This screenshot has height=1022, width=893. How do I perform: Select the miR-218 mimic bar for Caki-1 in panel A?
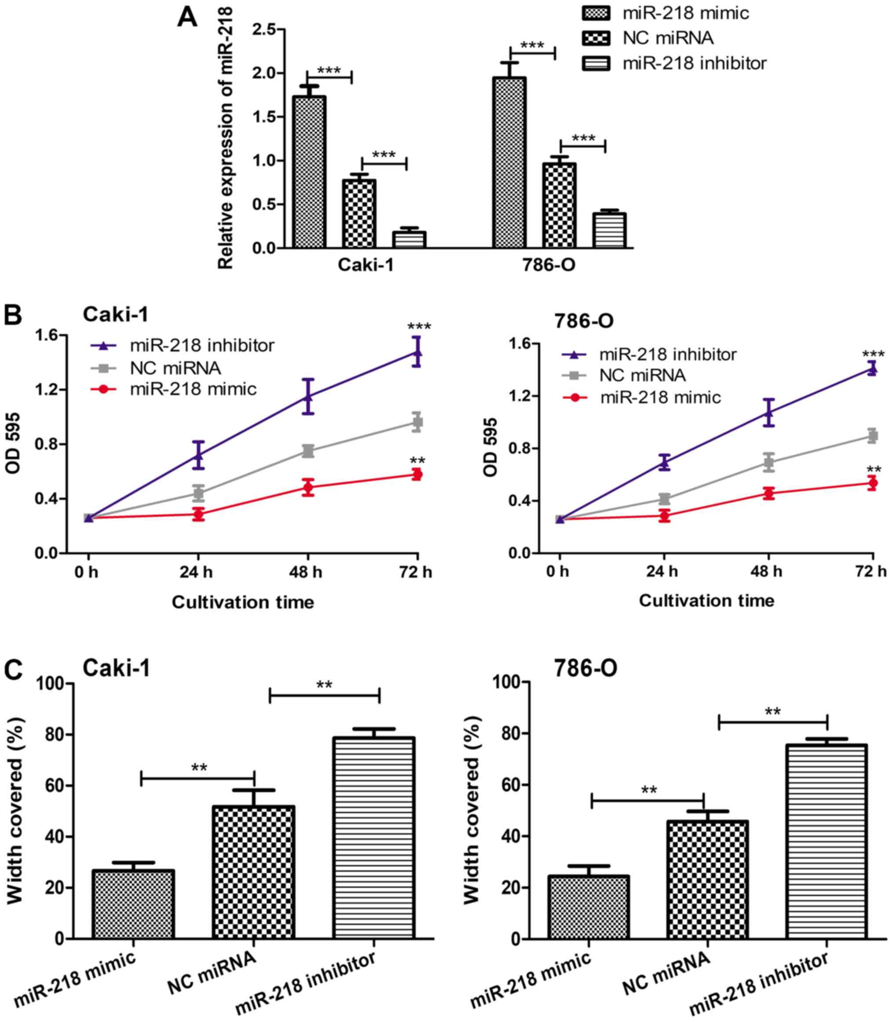309,172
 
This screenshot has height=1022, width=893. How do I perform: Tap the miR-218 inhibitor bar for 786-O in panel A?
609,230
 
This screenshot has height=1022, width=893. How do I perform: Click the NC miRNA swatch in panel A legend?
596,38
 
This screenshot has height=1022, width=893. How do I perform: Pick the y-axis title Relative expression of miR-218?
226,138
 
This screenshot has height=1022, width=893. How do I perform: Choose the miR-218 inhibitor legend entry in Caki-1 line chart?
182,345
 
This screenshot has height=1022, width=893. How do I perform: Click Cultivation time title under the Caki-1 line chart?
243,602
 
